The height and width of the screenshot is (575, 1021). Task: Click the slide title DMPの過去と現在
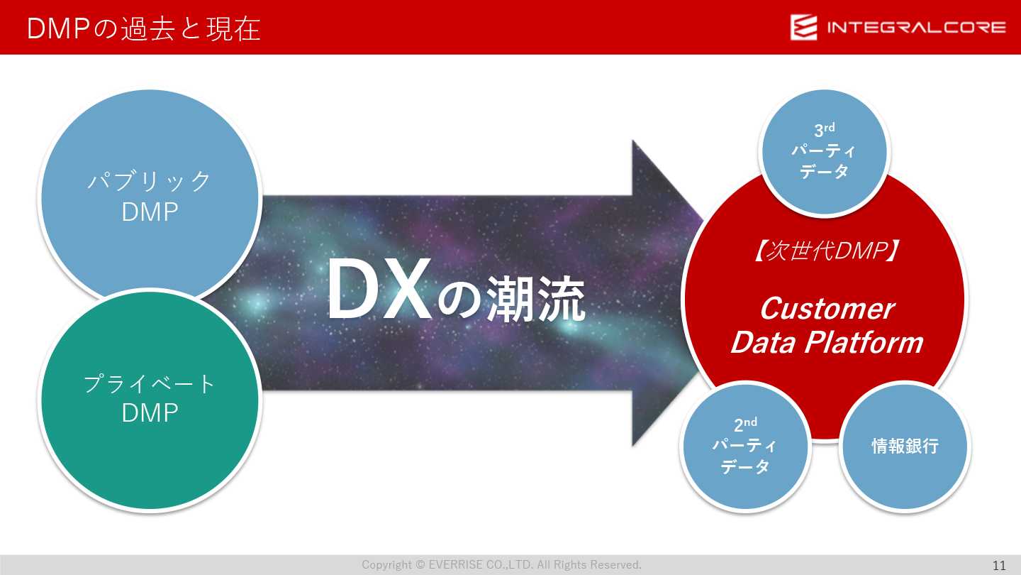[x=143, y=28]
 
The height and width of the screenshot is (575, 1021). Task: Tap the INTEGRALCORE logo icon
[x=803, y=28]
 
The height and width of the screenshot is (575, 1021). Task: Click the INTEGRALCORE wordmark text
[x=917, y=28]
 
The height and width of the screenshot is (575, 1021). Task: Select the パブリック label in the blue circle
[x=149, y=181]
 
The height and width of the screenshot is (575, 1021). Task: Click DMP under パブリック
[x=150, y=212]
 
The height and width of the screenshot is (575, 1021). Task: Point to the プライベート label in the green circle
[x=149, y=383]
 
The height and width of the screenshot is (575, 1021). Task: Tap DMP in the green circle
[x=150, y=412]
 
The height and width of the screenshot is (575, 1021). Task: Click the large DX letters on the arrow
[x=379, y=289]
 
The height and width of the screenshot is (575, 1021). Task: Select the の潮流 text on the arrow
[x=512, y=299]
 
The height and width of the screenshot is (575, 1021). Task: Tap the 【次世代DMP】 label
[x=825, y=251]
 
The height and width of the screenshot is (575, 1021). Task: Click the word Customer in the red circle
[x=827, y=309]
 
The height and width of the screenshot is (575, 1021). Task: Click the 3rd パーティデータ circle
[x=825, y=152]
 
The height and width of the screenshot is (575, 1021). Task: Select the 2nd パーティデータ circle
[x=745, y=446]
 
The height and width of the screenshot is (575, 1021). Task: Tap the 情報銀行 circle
[x=905, y=446]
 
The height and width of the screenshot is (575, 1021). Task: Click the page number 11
[x=999, y=565]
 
